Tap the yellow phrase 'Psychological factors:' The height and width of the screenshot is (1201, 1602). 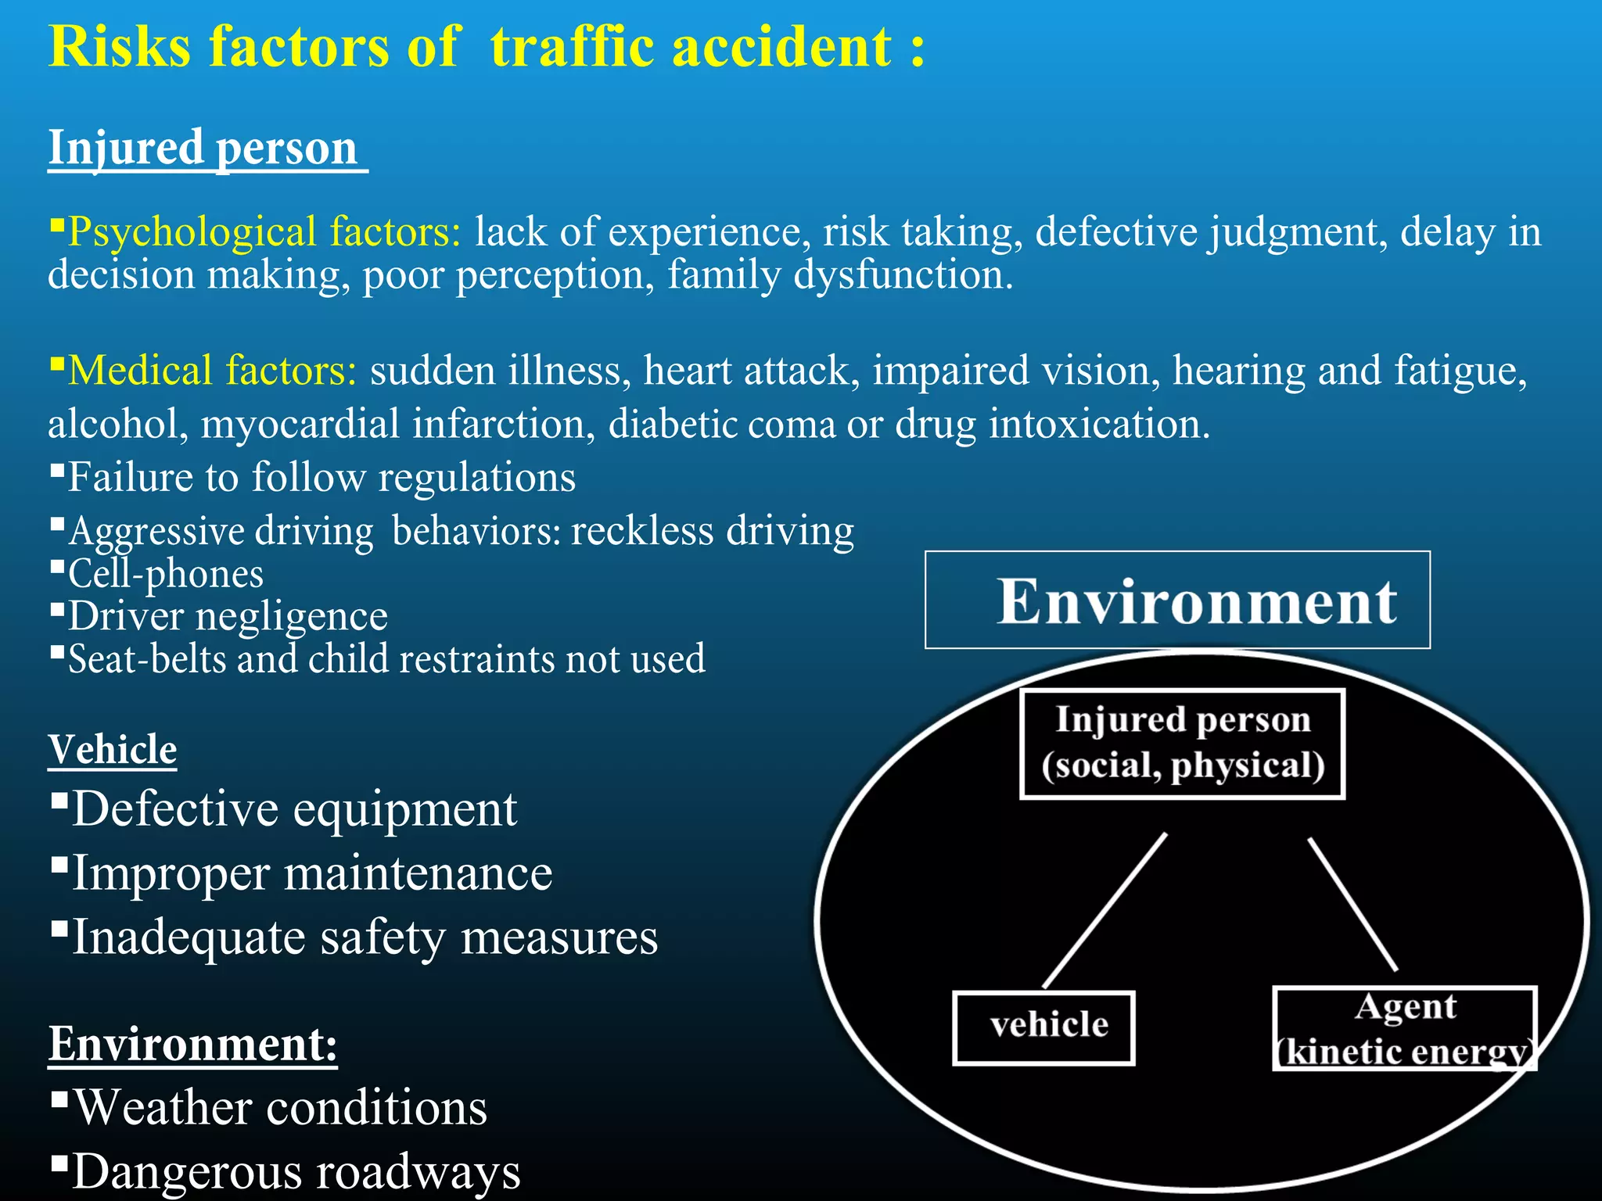point(265,232)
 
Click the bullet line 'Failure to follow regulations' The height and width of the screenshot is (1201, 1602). point(321,477)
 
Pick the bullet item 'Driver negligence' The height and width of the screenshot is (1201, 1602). point(228,616)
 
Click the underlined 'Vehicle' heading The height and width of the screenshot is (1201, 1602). point(113,749)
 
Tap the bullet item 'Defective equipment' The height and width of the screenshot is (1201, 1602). point(294,808)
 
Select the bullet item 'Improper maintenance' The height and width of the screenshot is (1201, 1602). point(312,873)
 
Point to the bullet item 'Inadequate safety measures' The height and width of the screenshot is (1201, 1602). point(365,937)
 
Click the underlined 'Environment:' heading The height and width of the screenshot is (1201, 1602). point(192,1043)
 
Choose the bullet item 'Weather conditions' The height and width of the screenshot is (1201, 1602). point(280,1107)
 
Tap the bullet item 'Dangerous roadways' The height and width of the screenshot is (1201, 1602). point(296,1171)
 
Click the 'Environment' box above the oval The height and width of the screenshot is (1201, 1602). point(1177,600)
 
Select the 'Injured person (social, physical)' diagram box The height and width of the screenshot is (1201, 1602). point(1182,743)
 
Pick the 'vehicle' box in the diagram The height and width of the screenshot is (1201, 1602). point(1043,1027)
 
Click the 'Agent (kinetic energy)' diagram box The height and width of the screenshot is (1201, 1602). point(1405,1029)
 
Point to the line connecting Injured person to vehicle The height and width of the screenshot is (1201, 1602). point(1105,911)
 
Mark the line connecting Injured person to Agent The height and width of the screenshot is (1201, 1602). point(1352,905)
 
